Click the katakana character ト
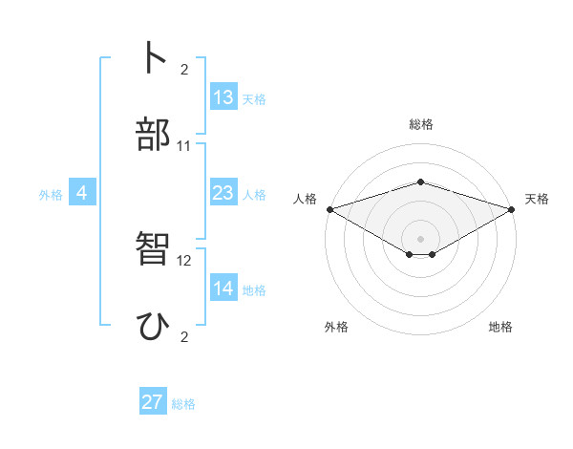point(154,57)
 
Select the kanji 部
point(154,135)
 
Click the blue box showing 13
point(223,97)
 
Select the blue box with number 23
point(223,193)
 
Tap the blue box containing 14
point(223,289)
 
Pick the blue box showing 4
point(82,193)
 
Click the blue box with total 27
point(153,402)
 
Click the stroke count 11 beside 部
point(184,146)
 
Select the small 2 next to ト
point(184,69)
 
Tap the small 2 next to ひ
point(184,337)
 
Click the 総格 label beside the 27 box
point(183,404)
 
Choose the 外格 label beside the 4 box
point(51,195)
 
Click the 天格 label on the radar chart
point(537,199)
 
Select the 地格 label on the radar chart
point(500,327)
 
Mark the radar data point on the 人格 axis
point(329,209)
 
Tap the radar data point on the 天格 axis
point(512,209)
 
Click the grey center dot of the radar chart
point(420,238)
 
